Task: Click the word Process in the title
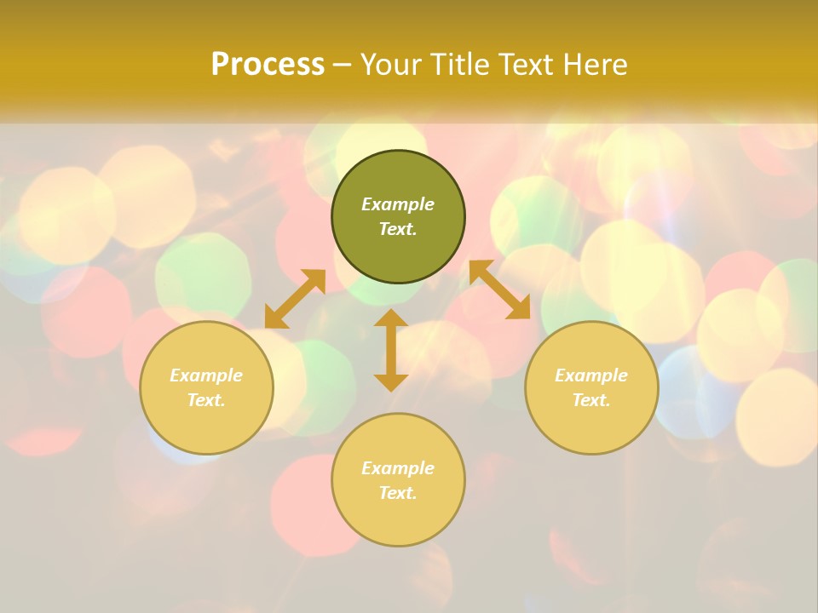pos(268,65)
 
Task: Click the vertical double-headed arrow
pos(391,350)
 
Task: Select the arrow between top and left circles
pos(295,299)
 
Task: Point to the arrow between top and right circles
pos(499,290)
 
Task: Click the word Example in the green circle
pos(398,204)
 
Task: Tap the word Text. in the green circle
pos(398,229)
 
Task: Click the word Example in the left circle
pos(206,375)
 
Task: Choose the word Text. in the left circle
pos(206,400)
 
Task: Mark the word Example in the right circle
pos(591,375)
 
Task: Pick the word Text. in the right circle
pos(591,400)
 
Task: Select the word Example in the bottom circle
pos(398,468)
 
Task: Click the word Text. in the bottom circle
pos(398,493)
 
